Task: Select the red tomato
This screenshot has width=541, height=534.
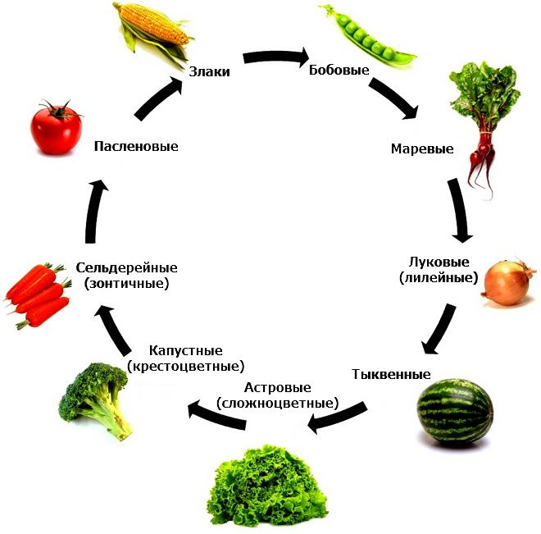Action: (x=57, y=126)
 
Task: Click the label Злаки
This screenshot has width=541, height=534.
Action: (x=208, y=71)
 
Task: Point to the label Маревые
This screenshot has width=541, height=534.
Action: (x=421, y=149)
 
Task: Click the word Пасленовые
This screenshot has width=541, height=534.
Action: (x=136, y=146)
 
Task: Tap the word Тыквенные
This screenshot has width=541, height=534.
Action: (x=391, y=374)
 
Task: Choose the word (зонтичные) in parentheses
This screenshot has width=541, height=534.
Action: (x=126, y=284)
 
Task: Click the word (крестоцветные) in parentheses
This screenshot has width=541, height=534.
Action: (x=185, y=366)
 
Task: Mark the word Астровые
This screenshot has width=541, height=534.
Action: (x=277, y=386)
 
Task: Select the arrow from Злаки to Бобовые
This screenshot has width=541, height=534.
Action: (x=275, y=57)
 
